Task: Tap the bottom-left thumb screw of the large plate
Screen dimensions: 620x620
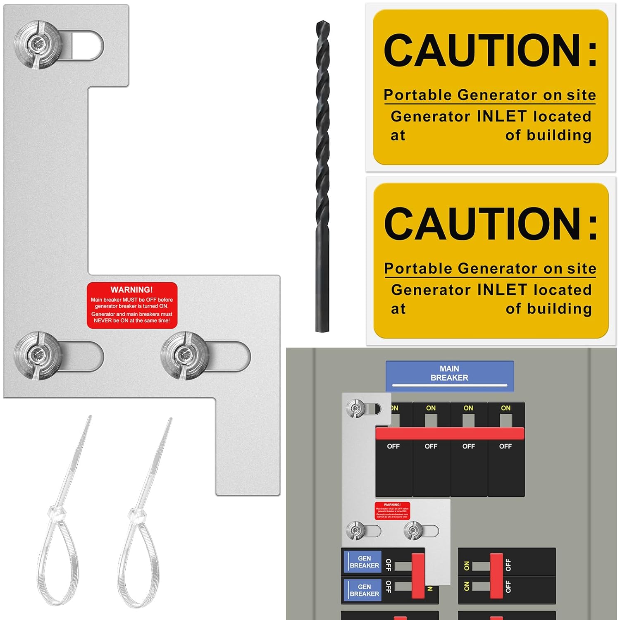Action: (38, 355)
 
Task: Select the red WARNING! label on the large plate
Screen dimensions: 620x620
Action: (132, 305)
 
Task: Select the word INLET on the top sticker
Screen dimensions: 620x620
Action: (502, 116)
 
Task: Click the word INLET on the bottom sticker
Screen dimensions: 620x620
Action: (502, 290)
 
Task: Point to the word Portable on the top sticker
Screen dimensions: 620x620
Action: (418, 95)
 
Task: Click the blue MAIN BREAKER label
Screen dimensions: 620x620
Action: (449, 374)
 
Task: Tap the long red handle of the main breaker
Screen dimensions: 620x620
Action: (450, 434)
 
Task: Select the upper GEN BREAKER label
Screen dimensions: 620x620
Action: (364, 562)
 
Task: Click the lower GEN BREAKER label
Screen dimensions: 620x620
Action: (364, 590)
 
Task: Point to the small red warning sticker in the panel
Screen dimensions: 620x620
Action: (392, 511)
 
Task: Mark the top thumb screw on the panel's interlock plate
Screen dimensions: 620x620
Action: (356, 408)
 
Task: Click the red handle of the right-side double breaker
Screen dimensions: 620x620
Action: (496, 576)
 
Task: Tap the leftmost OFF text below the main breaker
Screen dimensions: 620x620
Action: (393, 446)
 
